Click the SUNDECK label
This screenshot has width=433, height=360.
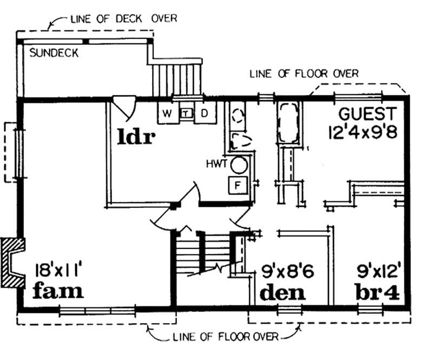54,53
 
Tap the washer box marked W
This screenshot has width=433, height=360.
167,113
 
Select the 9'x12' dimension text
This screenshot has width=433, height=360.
378,269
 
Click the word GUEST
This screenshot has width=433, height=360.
368,114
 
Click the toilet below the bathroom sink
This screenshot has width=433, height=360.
239,141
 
